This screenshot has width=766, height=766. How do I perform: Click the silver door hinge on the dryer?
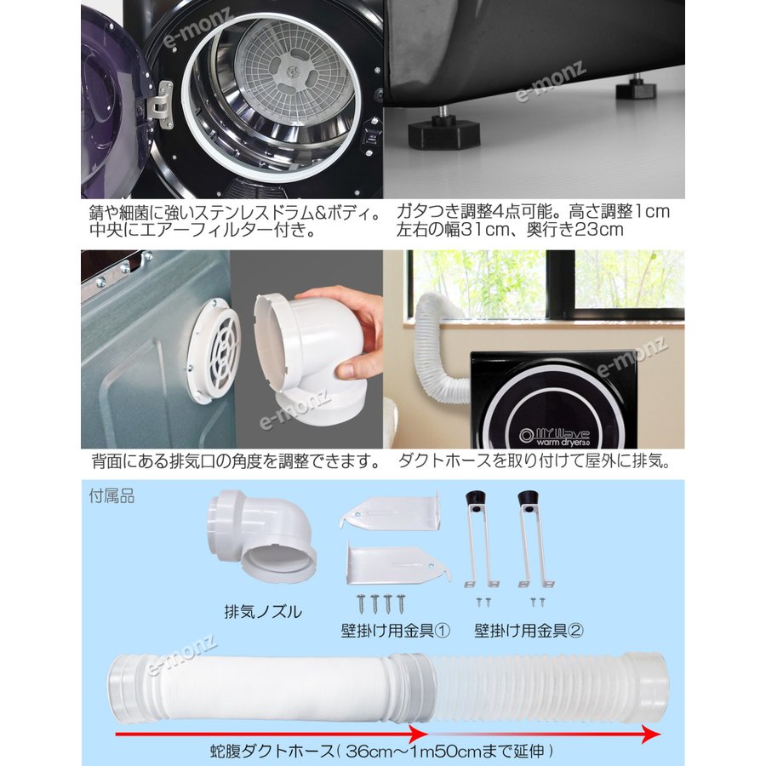pos(160,105)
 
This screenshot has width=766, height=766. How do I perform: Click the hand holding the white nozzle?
pos(349,332)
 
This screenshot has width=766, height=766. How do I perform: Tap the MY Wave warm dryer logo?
pos(554,437)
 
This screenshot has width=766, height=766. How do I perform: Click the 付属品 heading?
pos(111,496)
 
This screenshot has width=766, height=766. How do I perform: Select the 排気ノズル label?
pos(263,611)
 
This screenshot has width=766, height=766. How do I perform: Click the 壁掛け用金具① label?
pos(395,631)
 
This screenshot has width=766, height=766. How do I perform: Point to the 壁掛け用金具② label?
pos(529,631)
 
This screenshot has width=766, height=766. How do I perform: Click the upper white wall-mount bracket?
pos(391,512)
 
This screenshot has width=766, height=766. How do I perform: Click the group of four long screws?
pos(381,603)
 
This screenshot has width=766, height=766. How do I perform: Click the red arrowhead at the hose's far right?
pos(651,734)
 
